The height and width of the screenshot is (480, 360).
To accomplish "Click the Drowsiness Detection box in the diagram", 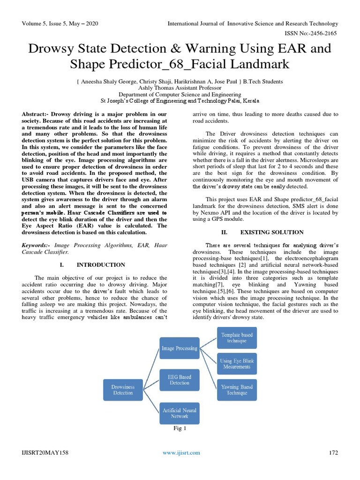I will pos(122,390).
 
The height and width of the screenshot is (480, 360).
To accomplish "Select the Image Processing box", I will pos(180,348).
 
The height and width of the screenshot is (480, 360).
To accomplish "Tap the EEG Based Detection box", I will pos(180,380).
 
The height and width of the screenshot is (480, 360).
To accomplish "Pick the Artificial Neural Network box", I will pos(180,413).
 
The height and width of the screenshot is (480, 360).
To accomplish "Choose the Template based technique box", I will pos(237,337).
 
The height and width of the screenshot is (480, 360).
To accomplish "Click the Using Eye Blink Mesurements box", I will pos(237,364).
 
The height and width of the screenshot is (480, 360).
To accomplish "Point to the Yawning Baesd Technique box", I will pos(237,390).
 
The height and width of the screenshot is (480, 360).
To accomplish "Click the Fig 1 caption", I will pos(180,428).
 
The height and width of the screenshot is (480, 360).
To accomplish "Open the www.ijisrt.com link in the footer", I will pos(181,452).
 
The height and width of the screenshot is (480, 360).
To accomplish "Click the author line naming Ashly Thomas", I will pos(180,87).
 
